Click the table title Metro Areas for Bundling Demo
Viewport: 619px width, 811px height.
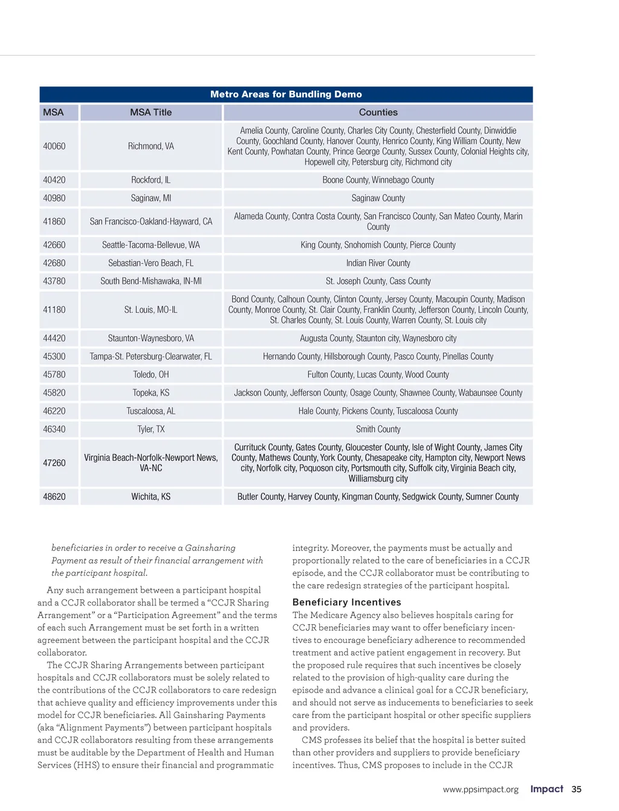[286, 94]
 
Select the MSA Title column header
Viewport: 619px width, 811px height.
[151, 112]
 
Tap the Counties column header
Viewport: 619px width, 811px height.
[378, 112]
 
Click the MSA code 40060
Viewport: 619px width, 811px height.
[54, 146]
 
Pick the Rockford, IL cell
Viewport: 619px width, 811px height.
[151, 180]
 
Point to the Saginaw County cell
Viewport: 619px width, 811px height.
[378, 198]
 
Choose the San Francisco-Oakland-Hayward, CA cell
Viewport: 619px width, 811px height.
[151, 221]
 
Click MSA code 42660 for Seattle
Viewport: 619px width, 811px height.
[54, 245]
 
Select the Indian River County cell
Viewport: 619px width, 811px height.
[378, 263]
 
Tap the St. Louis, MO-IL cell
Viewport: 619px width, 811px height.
[151, 310]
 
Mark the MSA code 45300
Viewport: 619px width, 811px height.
[54, 357]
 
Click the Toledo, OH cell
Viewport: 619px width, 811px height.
[151, 375]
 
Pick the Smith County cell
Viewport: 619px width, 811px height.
[378, 429]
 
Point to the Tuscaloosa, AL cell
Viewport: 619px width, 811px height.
[151, 411]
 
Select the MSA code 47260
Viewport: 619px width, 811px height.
[54, 463]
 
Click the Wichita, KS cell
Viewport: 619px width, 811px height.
[151, 497]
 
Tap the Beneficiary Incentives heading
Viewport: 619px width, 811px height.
[346, 602]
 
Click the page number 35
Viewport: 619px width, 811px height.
[577, 789]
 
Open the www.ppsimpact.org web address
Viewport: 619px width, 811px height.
[481, 790]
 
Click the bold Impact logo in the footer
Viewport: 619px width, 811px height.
[546, 789]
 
